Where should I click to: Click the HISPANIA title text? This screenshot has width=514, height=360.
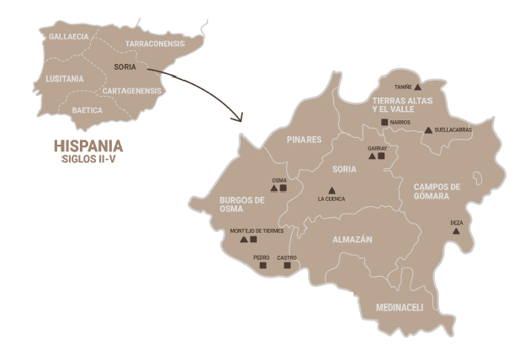pyautogui.click(x=88, y=145)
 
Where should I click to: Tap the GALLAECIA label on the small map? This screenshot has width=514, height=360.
pyautogui.click(x=68, y=37)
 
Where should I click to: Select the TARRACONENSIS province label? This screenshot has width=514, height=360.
pyautogui.click(x=155, y=43)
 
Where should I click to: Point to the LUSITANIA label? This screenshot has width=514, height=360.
pyautogui.click(x=65, y=79)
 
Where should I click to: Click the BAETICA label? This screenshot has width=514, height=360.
pyautogui.click(x=87, y=110)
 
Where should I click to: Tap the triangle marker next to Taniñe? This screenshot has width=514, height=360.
pyautogui.click(x=417, y=87)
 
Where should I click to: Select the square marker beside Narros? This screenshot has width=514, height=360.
pyautogui.click(x=384, y=122)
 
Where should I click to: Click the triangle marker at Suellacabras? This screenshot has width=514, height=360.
pyautogui.click(x=428, y=130)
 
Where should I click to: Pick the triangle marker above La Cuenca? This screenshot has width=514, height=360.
pyautogui.click(x=331, y=190)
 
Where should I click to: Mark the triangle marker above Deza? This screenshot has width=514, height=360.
pyautogui.click(x=456, y=230)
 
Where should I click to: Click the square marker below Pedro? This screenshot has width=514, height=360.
pyautogui.click(x=262, y=265)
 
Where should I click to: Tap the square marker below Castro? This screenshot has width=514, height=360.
pyautogui.click(x=287, y=265)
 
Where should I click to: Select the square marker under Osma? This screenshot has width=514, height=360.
pyautogui.click(x=283, y=188)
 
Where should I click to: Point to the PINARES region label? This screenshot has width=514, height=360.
pyautogui.click(x=304, y=140)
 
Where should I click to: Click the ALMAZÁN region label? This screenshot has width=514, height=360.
pyautogui.click(x=352, y=240)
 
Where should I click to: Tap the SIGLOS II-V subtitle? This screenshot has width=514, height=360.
pyautogui.click(x=87, y=158)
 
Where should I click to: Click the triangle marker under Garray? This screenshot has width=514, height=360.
pyautogui.click(x=372, y=156)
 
